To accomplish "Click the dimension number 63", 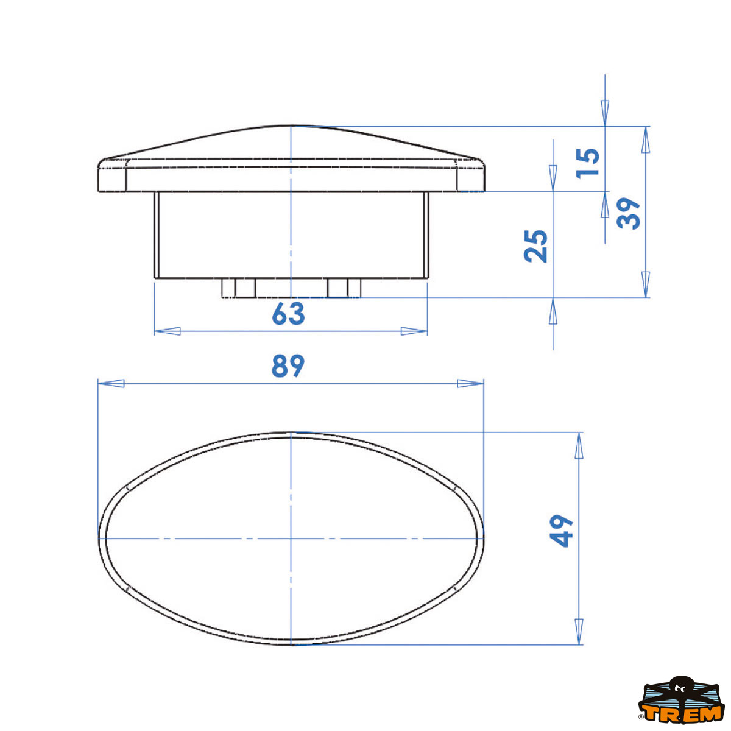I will click(288, 314).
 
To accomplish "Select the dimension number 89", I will click(288, 366).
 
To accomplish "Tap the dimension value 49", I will click(562, 531).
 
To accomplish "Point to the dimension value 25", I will click(536, 245).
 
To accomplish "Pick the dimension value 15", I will click(588, 163).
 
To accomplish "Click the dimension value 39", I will click(629, 213).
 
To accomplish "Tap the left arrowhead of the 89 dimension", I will click(111, 383).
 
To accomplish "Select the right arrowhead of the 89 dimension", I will click(470, 383).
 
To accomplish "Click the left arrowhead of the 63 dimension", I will click(168, 331).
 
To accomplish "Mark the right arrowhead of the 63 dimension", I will click(414, 331).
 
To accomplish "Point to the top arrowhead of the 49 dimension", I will click(578, 445).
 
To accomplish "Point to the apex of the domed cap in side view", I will click(292, 127).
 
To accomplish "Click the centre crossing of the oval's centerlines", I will click(292, 539).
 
